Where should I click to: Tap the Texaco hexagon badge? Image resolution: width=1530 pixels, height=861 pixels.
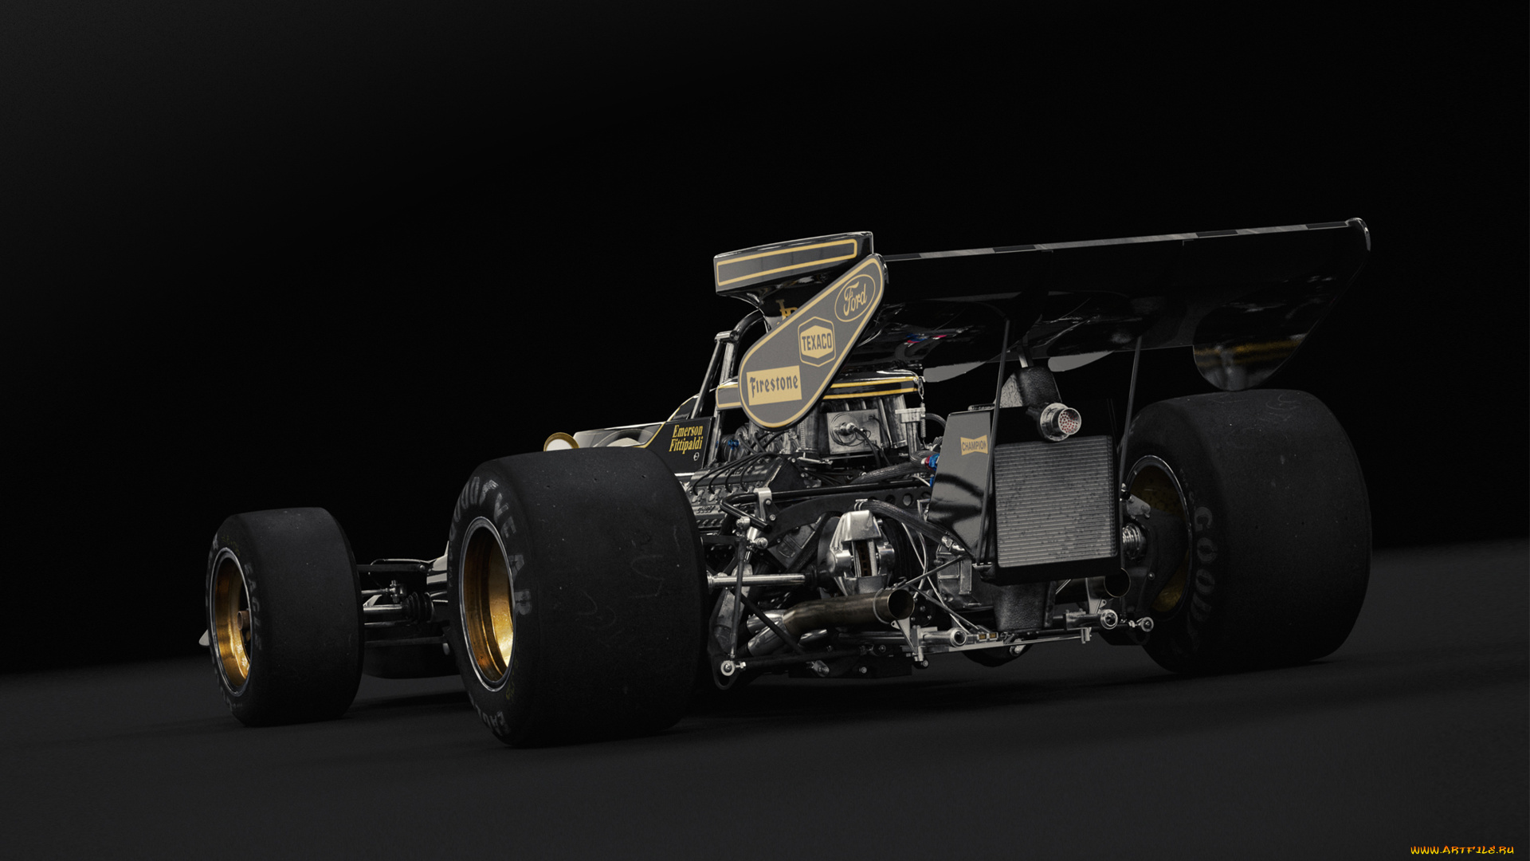click(816, 344)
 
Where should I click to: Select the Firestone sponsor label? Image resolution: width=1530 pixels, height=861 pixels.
click(774, 387)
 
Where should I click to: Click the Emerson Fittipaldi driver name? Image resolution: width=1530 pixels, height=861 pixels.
click(686, 438)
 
